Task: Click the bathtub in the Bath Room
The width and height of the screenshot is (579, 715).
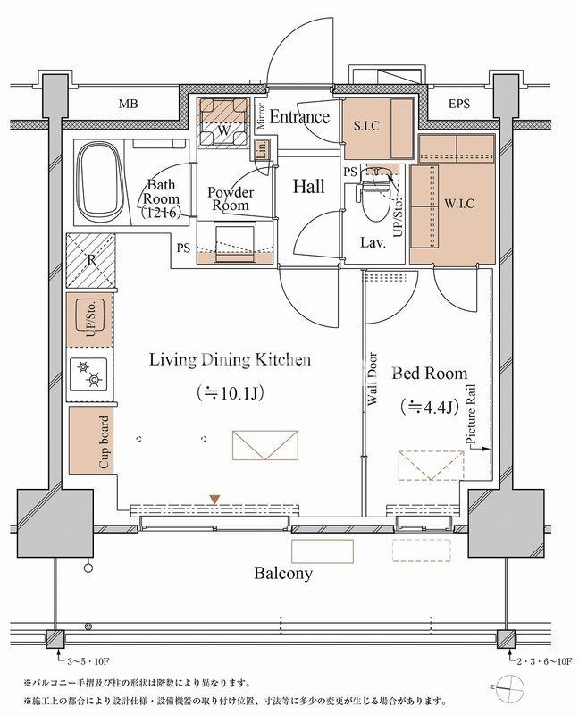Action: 101,181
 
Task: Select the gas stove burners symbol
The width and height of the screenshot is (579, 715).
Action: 88,373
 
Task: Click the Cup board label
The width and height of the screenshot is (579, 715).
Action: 105,442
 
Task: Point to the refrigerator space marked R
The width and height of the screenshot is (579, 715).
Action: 91,260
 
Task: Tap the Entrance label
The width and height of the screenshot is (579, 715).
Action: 299,116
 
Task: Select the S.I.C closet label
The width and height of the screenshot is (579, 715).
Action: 366,125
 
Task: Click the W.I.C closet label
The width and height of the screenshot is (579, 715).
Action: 459,204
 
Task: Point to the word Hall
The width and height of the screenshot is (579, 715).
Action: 308,186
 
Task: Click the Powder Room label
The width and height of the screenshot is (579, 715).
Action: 231,198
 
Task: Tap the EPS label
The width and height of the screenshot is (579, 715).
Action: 458,104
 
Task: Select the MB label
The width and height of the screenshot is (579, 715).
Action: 128,104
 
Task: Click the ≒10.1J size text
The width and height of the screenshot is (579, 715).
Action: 230,392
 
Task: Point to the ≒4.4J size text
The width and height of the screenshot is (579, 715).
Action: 429,406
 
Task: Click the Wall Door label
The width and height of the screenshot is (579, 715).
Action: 373,379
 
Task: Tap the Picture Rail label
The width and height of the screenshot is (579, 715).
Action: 471,415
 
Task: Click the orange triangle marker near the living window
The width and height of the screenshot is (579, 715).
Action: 215,500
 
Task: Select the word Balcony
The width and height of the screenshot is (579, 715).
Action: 283,573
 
